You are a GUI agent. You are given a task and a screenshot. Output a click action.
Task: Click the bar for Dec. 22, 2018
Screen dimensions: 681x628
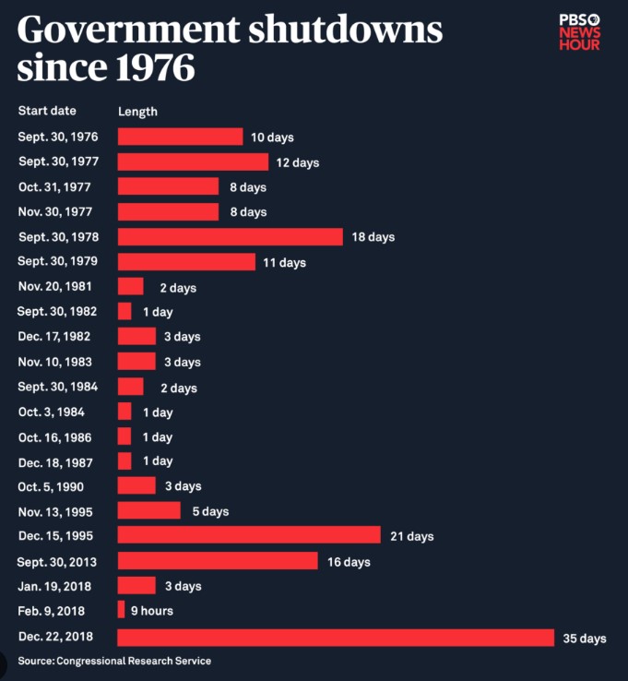tap(335, 638)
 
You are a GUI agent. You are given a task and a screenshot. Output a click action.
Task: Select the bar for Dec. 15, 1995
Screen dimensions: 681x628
tap(249, 535)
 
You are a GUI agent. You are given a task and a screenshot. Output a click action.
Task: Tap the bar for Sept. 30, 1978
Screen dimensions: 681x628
tap(230, 236)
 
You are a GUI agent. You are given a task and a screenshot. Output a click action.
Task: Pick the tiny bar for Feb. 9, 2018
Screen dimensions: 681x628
tap(121, 610)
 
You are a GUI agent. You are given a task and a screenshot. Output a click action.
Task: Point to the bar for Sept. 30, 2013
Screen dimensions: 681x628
tap(218, 561)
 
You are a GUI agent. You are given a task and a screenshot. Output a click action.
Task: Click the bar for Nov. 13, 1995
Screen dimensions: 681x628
tap(148, 510)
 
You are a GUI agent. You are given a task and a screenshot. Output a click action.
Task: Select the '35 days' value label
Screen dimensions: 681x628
tap(584, 639)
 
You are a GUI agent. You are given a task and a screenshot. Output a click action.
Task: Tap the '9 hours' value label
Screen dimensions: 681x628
tap(152, 611)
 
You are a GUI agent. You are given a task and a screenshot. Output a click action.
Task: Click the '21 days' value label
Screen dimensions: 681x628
tap(411, 536)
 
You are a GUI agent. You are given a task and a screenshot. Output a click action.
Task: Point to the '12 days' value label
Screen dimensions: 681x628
tap(298, 162)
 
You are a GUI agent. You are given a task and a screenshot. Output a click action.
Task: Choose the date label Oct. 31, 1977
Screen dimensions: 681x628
tap(54, 186)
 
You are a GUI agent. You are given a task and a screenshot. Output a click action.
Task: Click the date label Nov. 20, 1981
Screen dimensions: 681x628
tap(54, 286)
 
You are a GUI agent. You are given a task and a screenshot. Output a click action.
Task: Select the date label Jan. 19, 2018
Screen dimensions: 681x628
tap(54, 585)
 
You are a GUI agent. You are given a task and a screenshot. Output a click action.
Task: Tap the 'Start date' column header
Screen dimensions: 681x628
tap(47, 111)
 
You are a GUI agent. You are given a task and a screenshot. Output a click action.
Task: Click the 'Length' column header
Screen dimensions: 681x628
tap(137, 112)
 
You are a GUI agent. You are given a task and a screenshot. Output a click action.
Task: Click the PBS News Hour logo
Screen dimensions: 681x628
tap(579, 32)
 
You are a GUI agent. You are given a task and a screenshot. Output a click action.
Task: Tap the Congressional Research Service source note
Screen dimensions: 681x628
tap(114, 661)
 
